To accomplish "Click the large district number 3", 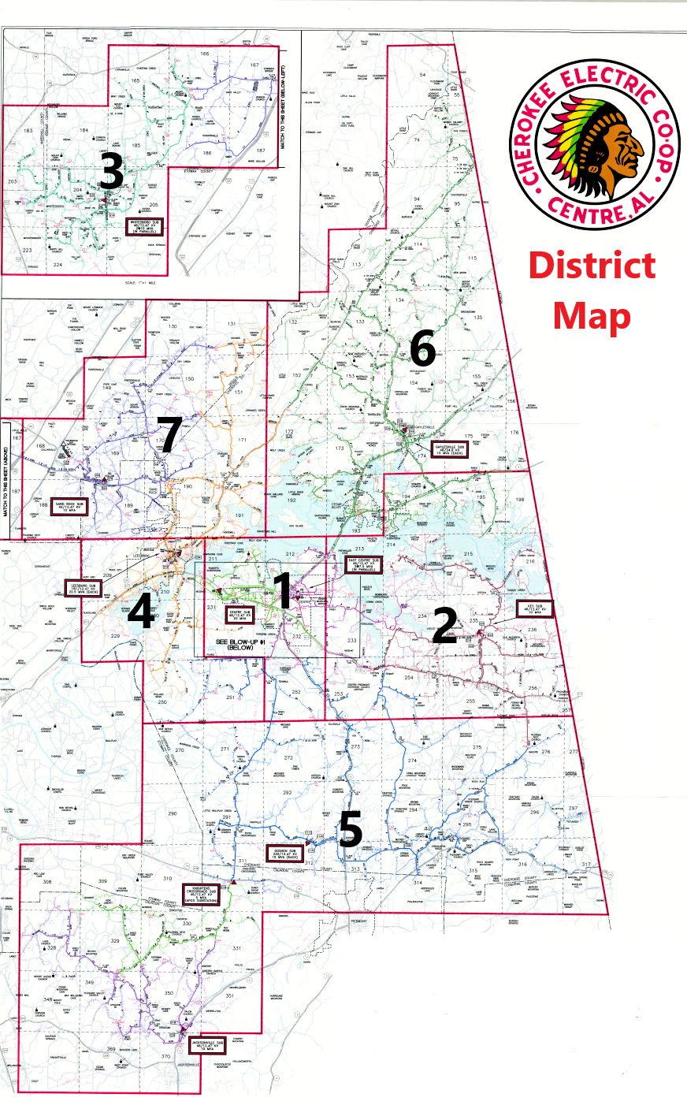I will pos(111,173).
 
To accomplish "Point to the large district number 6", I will pos(422,348).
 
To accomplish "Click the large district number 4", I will pos(140,612).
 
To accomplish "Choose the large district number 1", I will pos(281,590).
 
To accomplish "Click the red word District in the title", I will pos(592,266).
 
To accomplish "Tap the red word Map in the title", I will pos(592,316).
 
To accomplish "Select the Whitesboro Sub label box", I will pos(146,227).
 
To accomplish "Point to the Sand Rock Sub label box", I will pos(69,506).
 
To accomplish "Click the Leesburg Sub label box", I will pos(83,588).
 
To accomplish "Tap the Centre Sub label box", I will pos(240,614).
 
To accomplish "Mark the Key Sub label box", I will pos(535,608).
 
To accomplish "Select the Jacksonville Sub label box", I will pos(206,1046).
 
